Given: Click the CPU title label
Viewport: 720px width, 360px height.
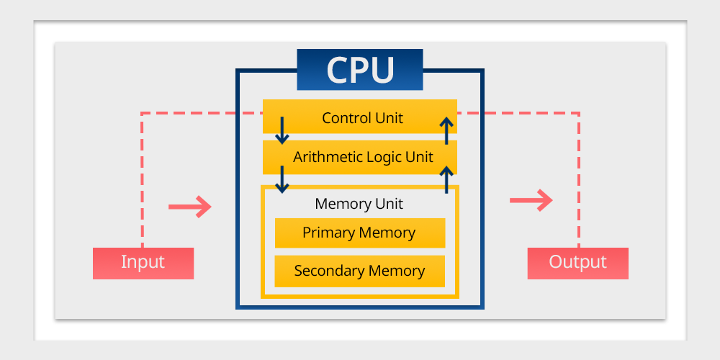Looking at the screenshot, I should [x=360, y=70].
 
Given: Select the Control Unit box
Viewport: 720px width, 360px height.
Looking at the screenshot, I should [x=360, y=117].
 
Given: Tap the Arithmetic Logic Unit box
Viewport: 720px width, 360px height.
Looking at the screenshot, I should [x=360, y=156].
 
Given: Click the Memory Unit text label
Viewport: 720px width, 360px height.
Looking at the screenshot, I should [x=359, y=204].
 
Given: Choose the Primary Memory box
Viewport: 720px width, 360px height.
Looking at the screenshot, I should [x=360, y=233].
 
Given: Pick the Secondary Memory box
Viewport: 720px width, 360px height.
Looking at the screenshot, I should [x=360, y=271].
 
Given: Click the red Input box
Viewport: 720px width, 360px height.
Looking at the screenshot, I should [x=143, y=263].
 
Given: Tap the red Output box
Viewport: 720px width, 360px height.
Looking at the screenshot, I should [x=578, y=263].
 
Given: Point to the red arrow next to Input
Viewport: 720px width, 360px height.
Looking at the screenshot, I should [x=189, y=207].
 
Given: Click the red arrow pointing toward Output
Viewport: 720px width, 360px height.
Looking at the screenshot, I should [x=531, y=200].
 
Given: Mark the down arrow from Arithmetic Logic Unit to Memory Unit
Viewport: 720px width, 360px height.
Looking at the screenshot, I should [x=282, y=178].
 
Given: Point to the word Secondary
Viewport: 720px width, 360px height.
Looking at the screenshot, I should [x=329, y=271].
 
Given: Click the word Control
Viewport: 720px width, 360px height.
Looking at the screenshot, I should [x=344, y=117].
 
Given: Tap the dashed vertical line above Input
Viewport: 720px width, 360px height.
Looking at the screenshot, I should [x=143, y=180].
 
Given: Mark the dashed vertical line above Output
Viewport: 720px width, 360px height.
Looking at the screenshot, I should [x=579, y=180].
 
